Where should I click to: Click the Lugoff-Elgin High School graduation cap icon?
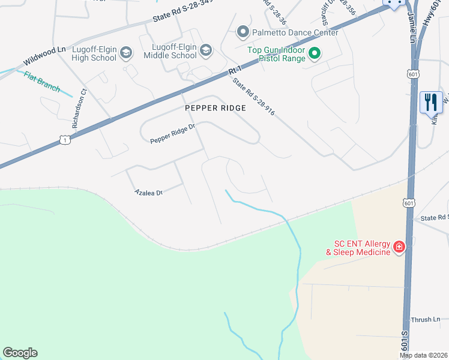pyautogui.click(x=126, y=53)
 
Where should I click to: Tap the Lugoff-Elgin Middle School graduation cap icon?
pyautogui.click(x=206, y=50)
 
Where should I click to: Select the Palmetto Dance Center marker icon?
pyautogui.click(x=243, y=31)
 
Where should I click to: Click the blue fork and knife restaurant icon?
pyautogui.click(x=430, y=103)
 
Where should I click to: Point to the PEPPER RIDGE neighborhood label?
pyautogui.click(x=215, y=108)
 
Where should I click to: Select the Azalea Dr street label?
pyautogui.click(x=148, y=193)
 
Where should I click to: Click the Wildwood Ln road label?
pyautogui.click(x=44, y=57)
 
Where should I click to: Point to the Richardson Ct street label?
pyautogui.click(x=80, y=109)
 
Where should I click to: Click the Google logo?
pyautogui.click(x=20, y=353)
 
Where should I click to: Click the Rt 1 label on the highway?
pyautogui.click(x=235, y=71)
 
